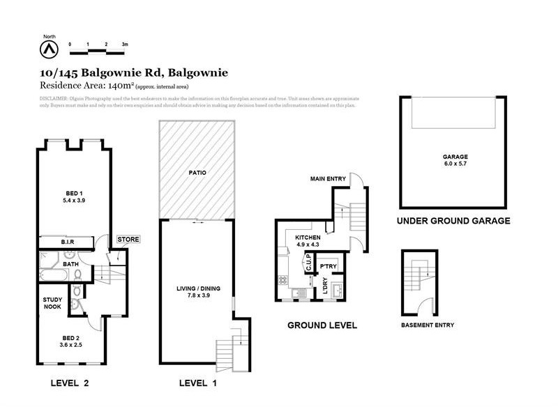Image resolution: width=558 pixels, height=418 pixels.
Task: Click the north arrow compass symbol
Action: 49,49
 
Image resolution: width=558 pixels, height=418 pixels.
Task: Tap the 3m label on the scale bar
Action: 125,44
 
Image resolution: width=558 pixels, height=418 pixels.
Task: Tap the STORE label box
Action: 128,240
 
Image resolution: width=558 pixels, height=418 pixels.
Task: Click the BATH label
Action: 70,264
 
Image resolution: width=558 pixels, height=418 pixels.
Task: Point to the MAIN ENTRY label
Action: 329,179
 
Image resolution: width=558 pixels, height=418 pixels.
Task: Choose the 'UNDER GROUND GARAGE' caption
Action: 453,221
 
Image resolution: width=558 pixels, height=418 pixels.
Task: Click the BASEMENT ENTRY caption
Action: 428,325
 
